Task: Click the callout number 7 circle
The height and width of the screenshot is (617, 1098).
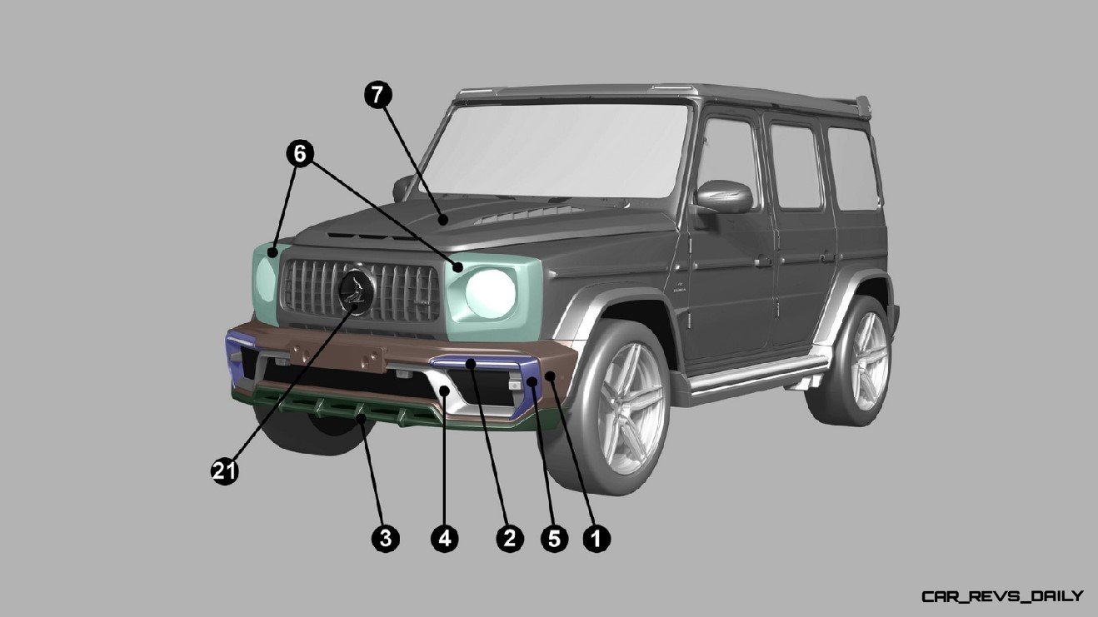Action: (x=378, y=95)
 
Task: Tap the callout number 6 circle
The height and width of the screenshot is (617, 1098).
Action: (x=300, y=154)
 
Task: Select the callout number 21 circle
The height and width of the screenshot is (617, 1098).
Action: (x=224, y=471)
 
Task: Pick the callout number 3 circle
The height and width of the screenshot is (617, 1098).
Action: (x=385, y=539)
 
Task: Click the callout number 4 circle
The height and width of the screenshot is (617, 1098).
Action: (x=445, y=539)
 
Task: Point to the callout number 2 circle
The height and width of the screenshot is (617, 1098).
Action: (x=510, y=539)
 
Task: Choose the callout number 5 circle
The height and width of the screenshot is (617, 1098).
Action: (x=554, y=539)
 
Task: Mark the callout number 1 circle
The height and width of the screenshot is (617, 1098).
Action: (x=596, y=539)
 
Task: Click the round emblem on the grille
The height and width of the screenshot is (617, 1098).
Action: (x=357, y=291)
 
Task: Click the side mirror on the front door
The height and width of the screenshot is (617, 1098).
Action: (x=725, y=197)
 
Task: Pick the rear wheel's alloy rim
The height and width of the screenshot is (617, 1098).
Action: (x=871, y=361)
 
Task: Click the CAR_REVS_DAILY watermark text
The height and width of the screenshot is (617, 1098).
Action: (x=1002, y=596)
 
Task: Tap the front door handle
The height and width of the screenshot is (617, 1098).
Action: (x=763, y=261)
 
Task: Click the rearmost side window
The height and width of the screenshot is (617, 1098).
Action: (x=854, y=169)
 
